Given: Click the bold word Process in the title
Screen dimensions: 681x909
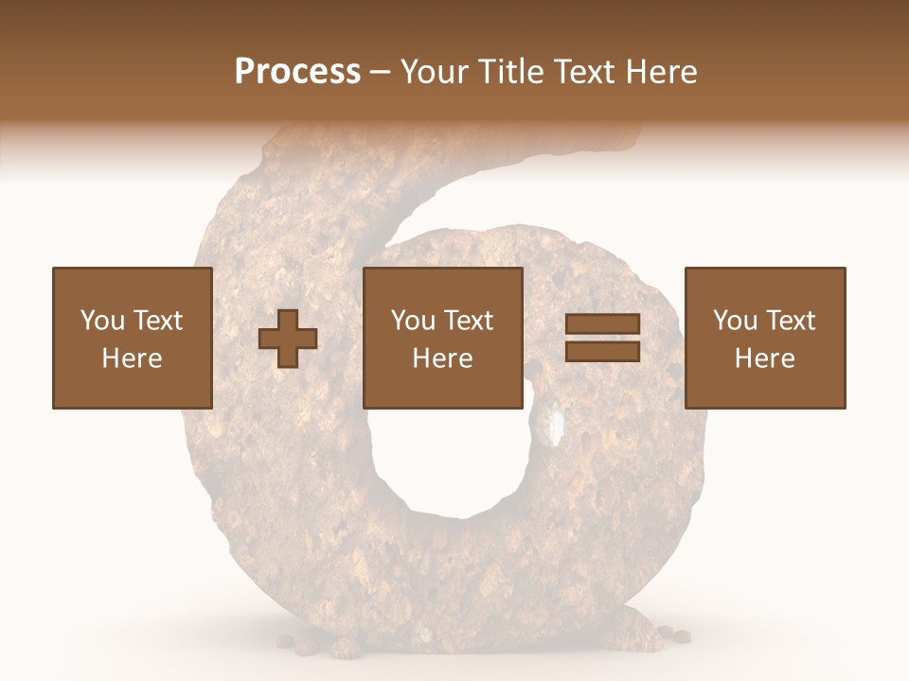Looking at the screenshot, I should tap(297, 72).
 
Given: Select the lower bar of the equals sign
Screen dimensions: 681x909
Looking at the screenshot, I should tap(602, 351).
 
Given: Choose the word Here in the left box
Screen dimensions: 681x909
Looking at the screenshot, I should tap(132, 358).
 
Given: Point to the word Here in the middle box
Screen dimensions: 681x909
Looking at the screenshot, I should tap(443, 358).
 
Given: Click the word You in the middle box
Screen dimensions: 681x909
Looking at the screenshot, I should tap(412, 321).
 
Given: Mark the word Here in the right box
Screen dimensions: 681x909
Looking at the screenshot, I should tap(765, 358).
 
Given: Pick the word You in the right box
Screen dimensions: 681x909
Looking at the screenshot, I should tap(734, 321).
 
